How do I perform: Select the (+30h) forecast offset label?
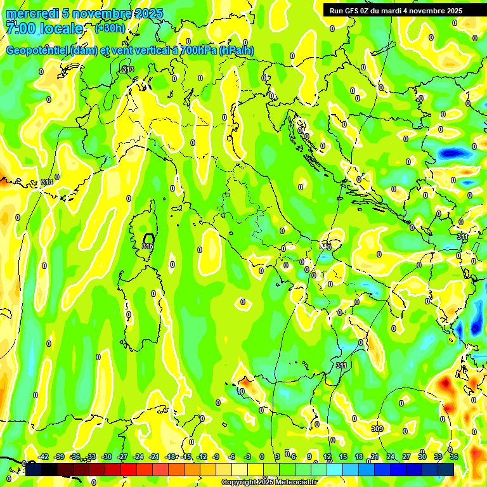pos(110,28)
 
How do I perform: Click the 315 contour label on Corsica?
pos(148,245)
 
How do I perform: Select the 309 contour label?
pos(377,429)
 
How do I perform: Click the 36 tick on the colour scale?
pos(454,457)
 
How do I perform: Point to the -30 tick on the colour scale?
pos(107,457)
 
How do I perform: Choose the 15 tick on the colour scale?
pos(343,457)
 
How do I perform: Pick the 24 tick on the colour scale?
pos(391,457)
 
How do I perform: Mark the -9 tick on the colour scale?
pos(216,457)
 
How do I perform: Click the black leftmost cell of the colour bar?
pos(34,469)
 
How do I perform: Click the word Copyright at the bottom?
pos(240,483)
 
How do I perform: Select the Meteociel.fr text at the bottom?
pos(296,483)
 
